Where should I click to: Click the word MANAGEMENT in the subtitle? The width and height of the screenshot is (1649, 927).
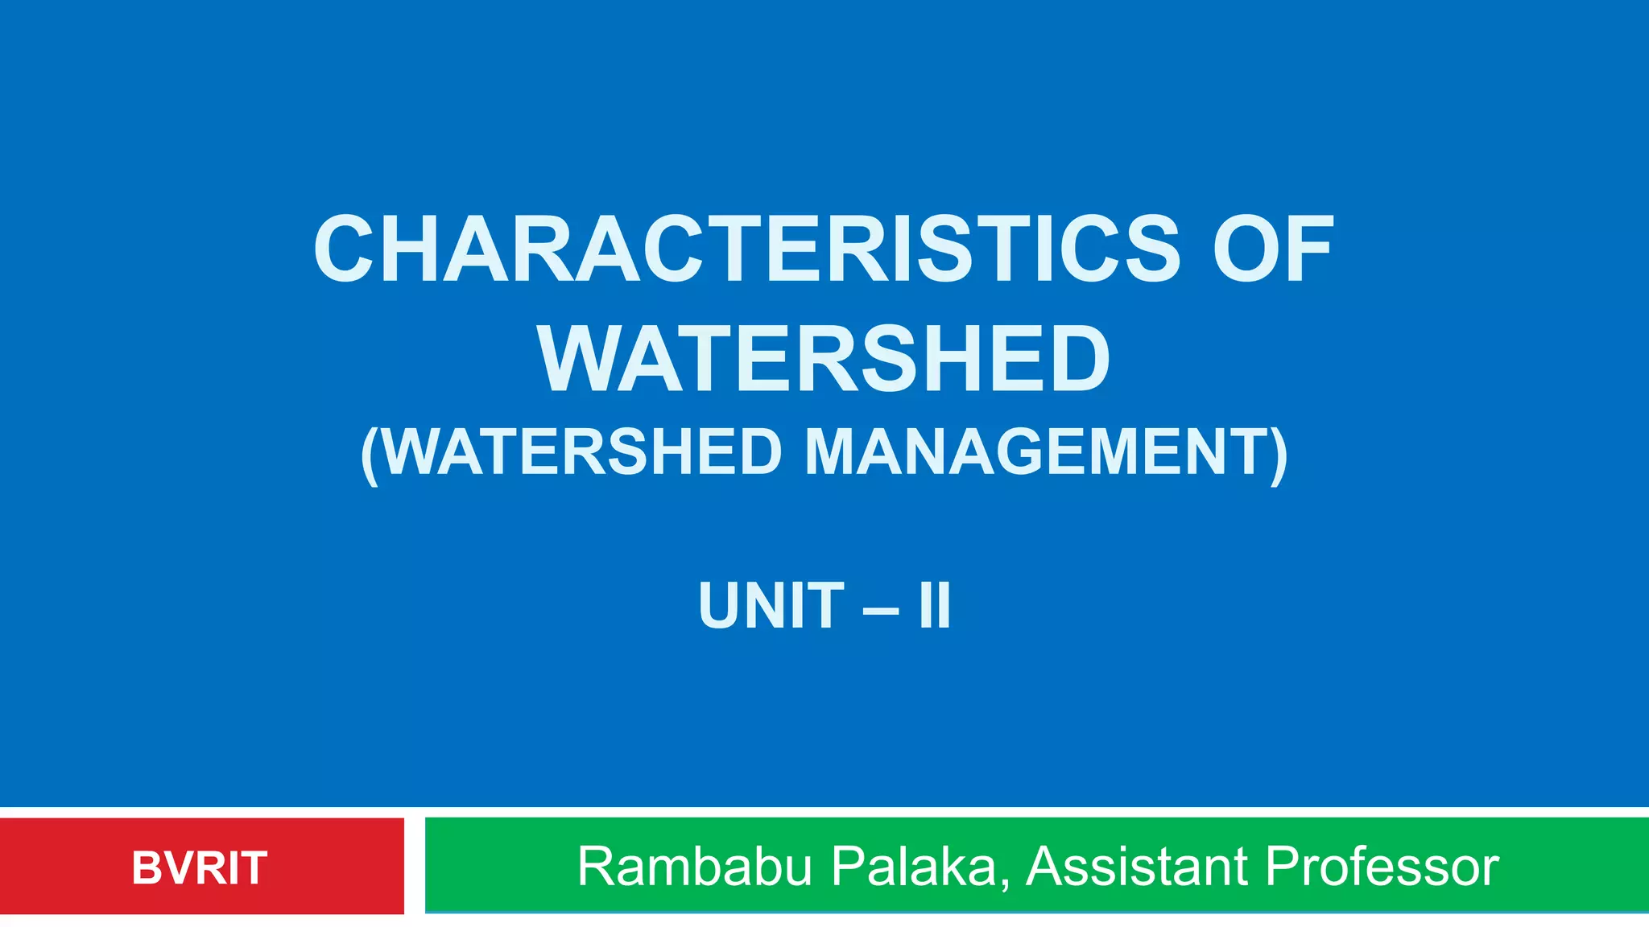point(1034,452)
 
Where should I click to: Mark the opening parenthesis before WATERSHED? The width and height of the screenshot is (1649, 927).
point(370,455)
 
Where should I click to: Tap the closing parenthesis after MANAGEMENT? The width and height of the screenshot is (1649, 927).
point(1279,455)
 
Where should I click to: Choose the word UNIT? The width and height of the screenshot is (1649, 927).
point(771,606)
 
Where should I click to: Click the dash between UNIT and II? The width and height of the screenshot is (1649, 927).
point(880,609)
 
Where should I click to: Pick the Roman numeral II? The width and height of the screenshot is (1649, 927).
point(935,606)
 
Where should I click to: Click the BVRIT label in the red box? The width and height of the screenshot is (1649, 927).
point(199,868)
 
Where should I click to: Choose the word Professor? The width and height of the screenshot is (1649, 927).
point(1382,867)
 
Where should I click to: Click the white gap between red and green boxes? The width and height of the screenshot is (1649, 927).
point(414,866)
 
